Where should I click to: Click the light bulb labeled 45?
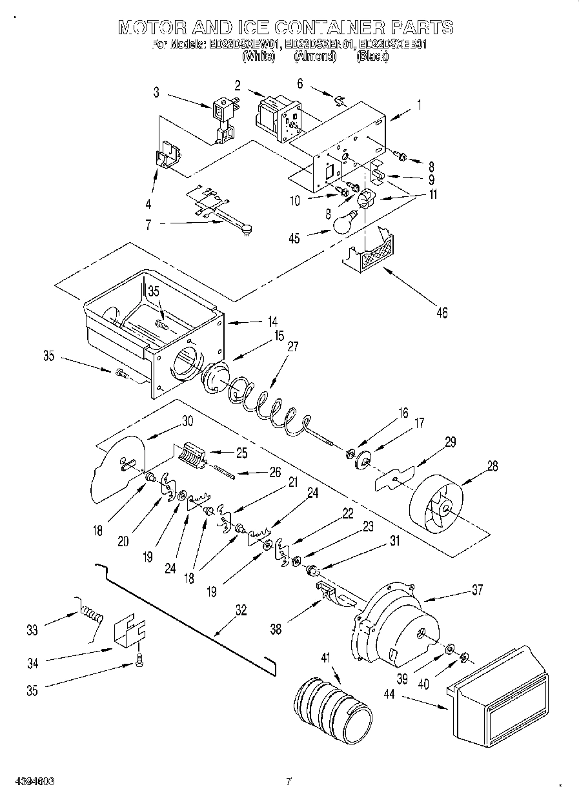tap(345, 221)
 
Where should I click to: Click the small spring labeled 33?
tap(91, 610)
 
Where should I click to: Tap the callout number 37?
tap(477, 590)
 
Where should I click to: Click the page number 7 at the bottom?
tap(289, 782)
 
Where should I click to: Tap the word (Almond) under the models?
tap(315, 56)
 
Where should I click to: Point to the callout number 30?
tap(187, 420)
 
